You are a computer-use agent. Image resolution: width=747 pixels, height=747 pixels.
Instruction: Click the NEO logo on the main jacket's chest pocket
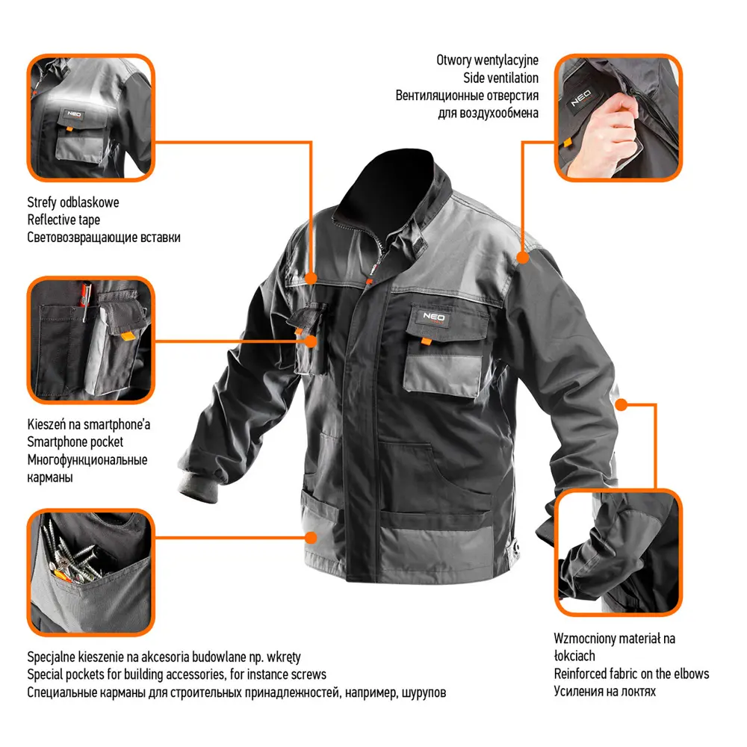434,317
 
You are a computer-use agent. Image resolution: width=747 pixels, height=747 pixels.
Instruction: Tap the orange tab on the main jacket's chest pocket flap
427,341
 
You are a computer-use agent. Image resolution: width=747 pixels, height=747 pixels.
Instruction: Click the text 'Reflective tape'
63,220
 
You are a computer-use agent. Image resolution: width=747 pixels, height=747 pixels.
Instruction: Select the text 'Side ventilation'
500,78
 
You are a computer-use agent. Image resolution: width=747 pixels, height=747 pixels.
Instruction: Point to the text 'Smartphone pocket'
75,442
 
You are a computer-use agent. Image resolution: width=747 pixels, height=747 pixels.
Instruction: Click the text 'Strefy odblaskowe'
73,202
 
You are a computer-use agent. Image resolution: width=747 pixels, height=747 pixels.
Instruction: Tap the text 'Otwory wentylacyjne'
487,60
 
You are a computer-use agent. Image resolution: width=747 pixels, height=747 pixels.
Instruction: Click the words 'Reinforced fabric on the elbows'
631,674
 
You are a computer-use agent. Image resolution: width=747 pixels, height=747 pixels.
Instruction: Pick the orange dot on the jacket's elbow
622,405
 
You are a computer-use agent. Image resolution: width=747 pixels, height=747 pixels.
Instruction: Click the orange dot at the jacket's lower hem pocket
311,538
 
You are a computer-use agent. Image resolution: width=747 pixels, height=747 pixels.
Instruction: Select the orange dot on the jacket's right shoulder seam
523,258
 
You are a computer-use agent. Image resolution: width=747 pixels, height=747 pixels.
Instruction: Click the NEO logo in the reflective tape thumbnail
74,114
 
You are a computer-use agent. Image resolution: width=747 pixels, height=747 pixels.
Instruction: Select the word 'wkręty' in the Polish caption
284,657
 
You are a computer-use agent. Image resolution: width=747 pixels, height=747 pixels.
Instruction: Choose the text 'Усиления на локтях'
604,691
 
